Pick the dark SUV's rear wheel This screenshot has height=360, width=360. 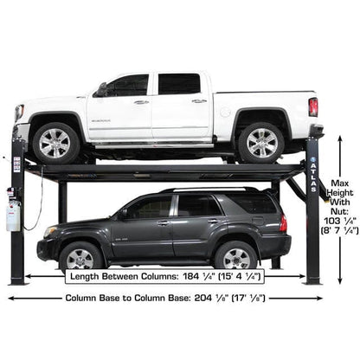click(235, 256)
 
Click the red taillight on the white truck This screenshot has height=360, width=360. click(312, 106)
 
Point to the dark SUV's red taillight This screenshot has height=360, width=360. click(283, 222)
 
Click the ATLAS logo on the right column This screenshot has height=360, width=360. click(312, 177)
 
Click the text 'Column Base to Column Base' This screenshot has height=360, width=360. click(122, 297)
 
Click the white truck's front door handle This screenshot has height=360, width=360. click(140, 101)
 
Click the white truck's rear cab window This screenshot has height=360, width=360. click(179, 84)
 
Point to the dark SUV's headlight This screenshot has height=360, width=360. click(45, 230)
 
